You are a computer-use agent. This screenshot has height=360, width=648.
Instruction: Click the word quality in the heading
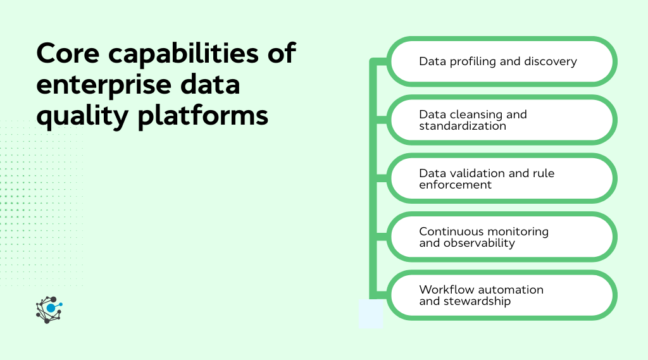[80, 116]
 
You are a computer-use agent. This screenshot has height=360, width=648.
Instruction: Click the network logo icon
[49, 309]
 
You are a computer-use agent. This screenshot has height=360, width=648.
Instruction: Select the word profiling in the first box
[467, 61]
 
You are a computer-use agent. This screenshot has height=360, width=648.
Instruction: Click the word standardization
[463, 126]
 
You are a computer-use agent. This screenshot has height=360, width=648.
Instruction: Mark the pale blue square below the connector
[371, 314]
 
